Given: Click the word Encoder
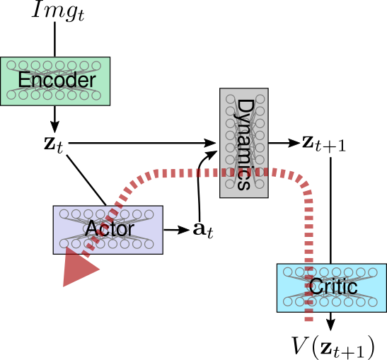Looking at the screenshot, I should pos(56,81).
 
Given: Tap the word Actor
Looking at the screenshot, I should pos(109,229).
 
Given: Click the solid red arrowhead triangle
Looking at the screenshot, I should pos(79,268).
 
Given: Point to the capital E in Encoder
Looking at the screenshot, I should pos(23,81).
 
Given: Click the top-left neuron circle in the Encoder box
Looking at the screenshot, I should pos(11,65).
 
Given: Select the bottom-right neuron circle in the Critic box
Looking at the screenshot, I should pos(373,302).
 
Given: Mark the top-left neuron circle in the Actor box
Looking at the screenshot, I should pos(64,214).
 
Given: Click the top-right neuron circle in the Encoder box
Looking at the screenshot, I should pos(96,65).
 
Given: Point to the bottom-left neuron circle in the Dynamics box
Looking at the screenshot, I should pos(230,184).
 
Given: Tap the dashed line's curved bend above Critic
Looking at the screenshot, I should pos(301,181).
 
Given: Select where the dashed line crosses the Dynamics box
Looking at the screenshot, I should pos(243,173).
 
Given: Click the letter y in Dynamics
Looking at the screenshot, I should pos(244,120).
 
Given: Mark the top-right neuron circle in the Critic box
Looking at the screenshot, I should pos(373,272).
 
